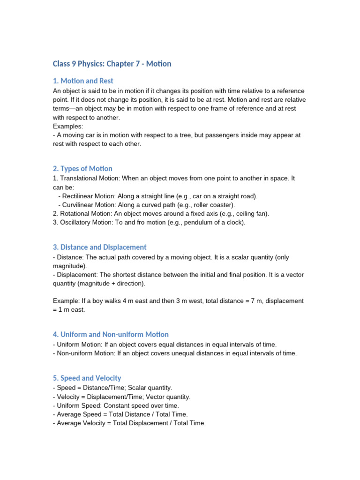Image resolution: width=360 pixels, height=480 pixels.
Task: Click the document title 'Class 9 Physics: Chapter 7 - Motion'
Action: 112,63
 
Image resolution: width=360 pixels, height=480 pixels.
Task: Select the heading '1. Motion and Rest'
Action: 83,81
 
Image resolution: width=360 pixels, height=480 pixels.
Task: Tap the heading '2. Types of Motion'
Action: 82,168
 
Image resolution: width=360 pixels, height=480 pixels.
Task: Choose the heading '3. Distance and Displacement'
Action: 99,247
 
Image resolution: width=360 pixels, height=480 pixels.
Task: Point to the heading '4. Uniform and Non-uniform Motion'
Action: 111,334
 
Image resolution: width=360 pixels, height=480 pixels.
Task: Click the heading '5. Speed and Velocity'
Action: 87,378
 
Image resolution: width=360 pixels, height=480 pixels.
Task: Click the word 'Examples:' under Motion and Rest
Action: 68,127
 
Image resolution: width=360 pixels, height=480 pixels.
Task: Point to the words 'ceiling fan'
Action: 251,214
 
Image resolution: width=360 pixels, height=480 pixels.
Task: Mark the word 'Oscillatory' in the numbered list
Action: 77,223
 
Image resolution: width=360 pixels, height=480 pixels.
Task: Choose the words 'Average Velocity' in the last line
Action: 81,423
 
